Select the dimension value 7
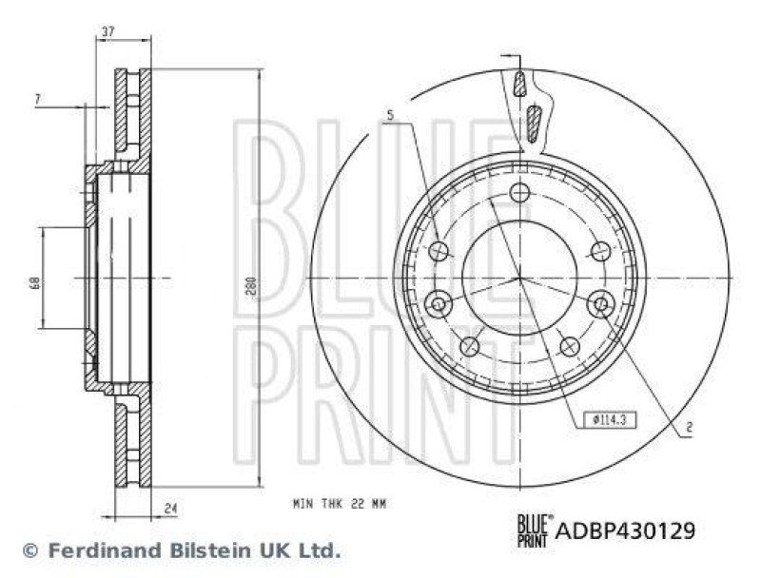pyautogui.click(x=37, y=99)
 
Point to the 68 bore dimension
pyautogui.click(x=34, y=281)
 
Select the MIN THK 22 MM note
pyautogui.click(x=340, y=502)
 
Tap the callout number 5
pyautogui.click(x=389, y=116)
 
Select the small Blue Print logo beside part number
pyautogui.click(x=533, y=528)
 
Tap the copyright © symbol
pyautogui.click(x=29, y=550)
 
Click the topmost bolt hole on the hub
pyautogui.click(x=518, y=193)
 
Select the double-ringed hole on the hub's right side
pyautogui.click(x=599, y=304)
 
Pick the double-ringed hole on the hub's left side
pyautogui.click(x=439, y=304)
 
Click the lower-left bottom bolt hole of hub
pyautogui.click(x=469, y=346)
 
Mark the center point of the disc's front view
pyautogui.click(x=519, y=278)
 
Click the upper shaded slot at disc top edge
pyautogui.click(x=518, y=86)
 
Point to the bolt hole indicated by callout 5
pyautogui.click(x=439, y=251)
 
